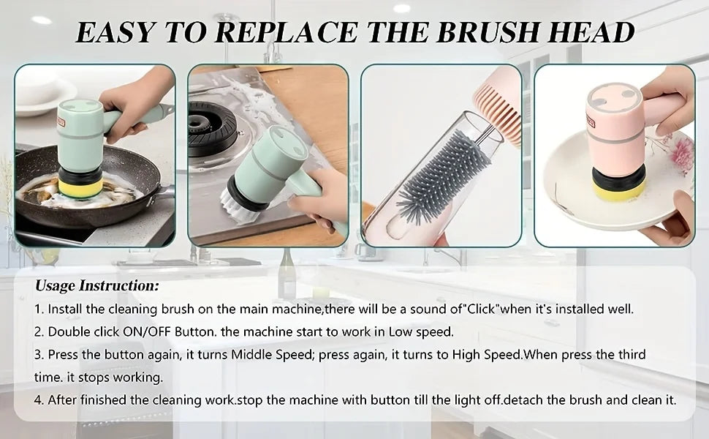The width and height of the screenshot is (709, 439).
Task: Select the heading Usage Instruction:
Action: click(x=97, y=285)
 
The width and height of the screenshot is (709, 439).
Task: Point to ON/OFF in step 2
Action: click(x=147, y=331)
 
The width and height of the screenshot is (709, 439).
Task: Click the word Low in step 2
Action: click(x=400, y=331)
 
